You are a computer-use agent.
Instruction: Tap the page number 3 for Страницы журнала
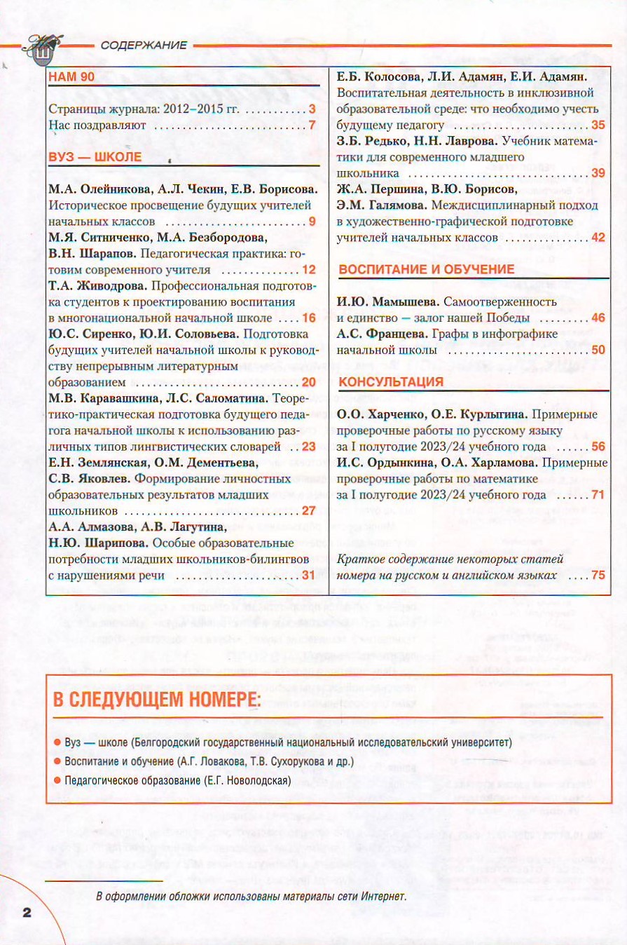[x=312, y=109]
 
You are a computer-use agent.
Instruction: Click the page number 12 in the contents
[x=309, y=270]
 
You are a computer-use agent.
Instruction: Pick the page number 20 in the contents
[x=309, y=382]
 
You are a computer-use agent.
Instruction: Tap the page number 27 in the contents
[x=309, y=510]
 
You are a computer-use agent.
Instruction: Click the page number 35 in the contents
[x=598, y=125]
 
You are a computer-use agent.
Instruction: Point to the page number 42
[x=598, y=238]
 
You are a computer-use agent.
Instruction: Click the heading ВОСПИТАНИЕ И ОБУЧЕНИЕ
[x=427, y=269]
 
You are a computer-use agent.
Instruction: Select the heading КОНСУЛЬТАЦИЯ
[x=391, y=381]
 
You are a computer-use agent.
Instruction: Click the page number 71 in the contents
[x=598, y=495]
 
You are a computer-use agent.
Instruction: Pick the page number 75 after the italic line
[x=598, y=575]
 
